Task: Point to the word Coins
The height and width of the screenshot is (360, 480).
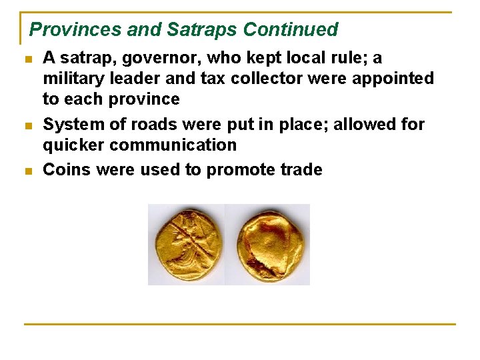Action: coord(67,170)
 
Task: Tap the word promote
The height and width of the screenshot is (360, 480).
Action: coord(239,171)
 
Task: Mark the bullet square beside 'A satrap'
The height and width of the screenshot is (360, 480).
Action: coord(28,59)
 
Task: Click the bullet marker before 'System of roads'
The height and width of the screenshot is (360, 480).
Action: coord(28,125)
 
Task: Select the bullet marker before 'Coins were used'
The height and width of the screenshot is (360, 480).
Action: coord(28,171)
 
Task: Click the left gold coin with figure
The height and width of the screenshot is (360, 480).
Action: coord(187,245)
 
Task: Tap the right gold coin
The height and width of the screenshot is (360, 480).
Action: coord(269,245)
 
